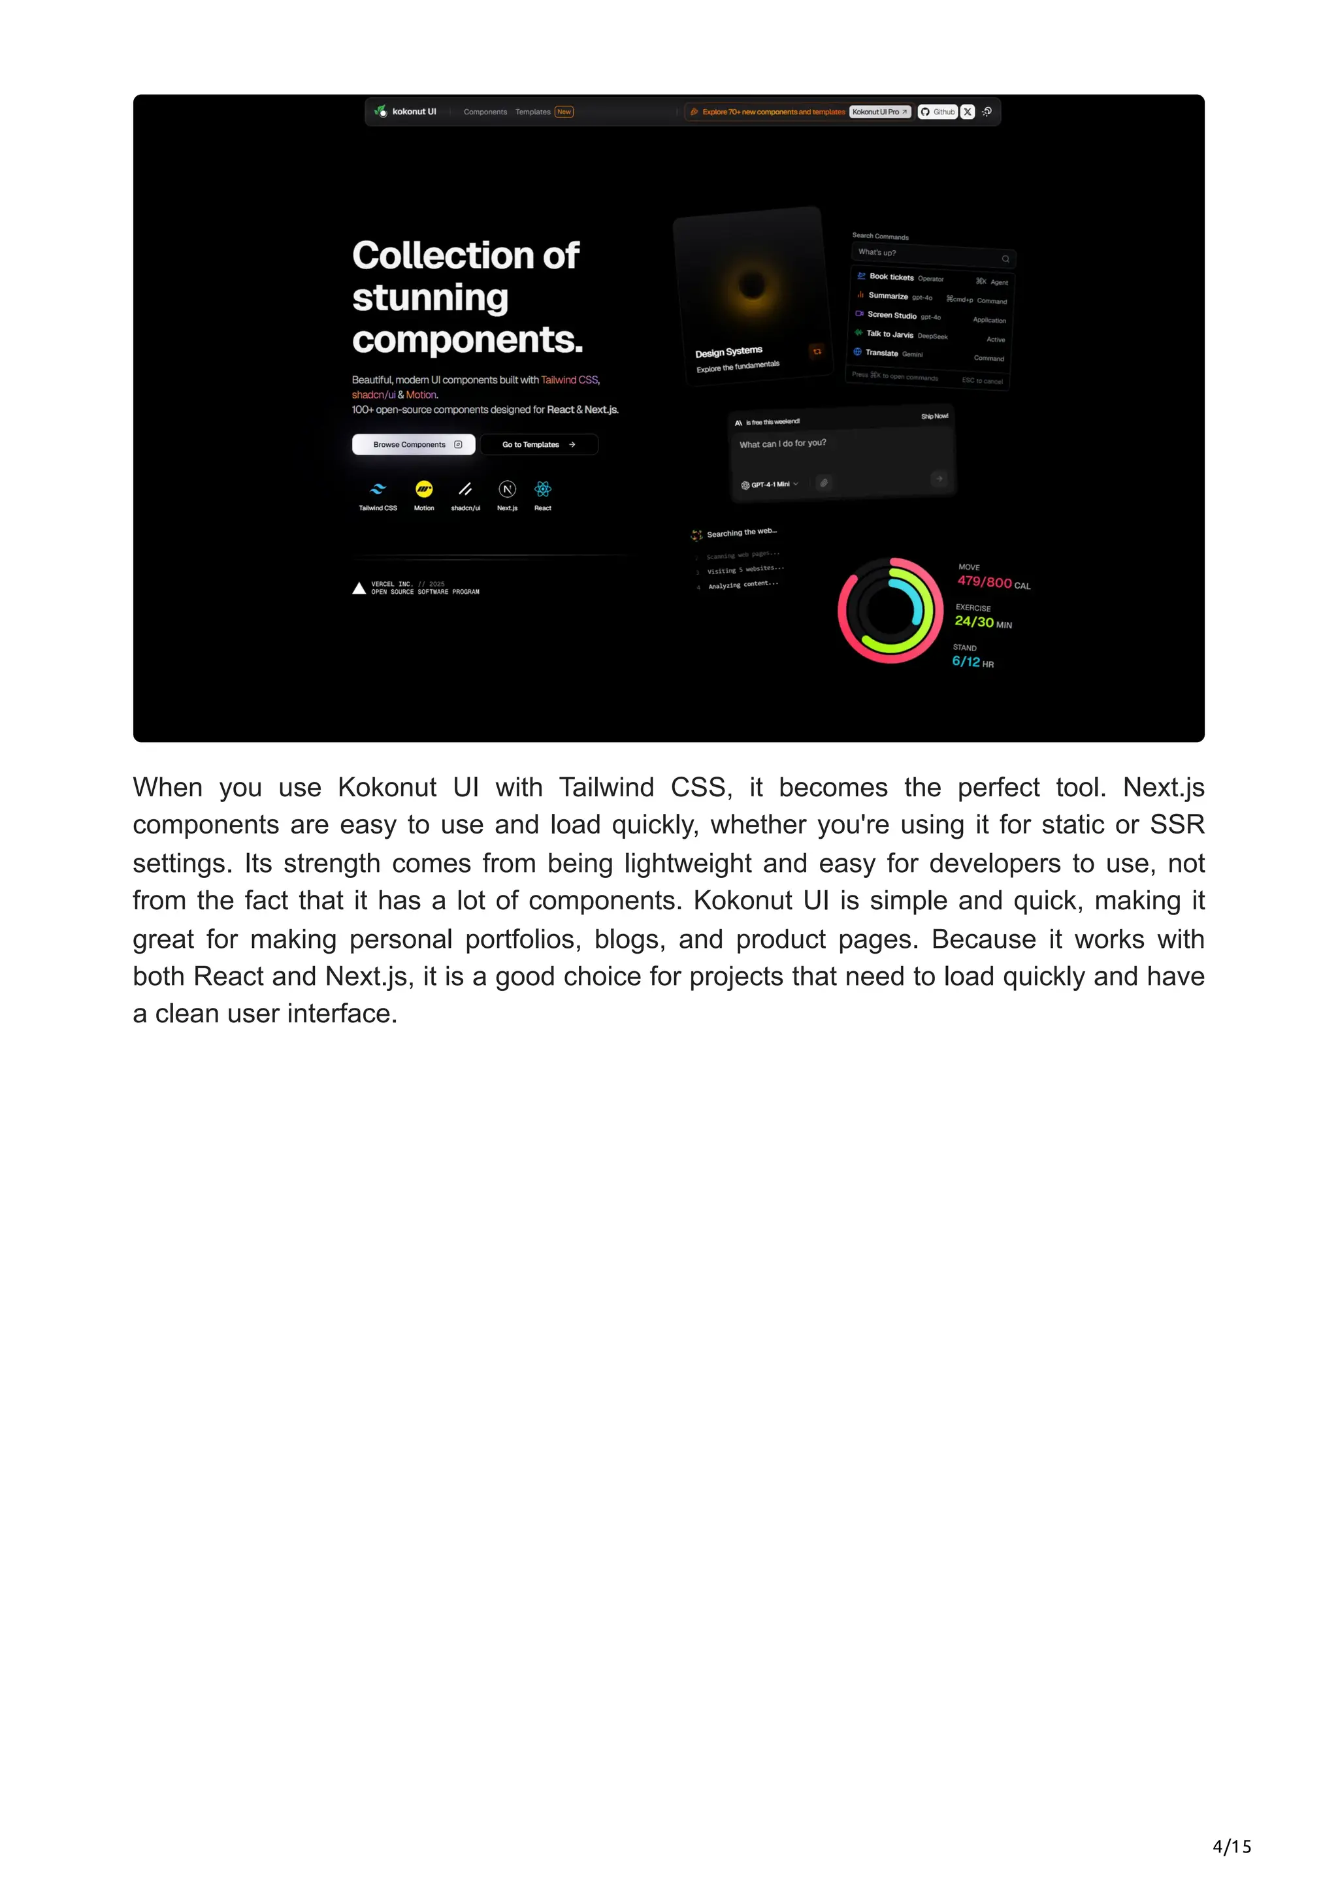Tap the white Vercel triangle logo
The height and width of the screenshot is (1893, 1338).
coord(359,588)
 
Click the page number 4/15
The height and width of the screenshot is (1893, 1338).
coord(1232,1847)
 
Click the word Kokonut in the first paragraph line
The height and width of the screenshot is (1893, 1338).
coord(387,787)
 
